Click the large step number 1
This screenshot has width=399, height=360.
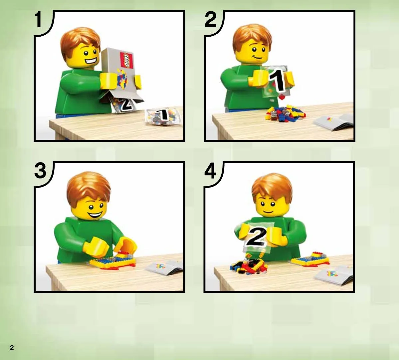pos(38,19)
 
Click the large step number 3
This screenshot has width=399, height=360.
pos(40,170)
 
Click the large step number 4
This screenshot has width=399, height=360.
pos(210,170)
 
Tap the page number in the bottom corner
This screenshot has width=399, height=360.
pos(12,348)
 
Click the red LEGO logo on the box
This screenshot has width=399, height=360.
pos(126,60)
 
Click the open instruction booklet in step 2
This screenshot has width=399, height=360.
pos(334,122)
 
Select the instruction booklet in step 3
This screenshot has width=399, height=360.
pos(165,267)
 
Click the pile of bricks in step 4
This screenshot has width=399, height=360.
pos(249,266)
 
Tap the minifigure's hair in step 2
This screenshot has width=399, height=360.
pos(252,36)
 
